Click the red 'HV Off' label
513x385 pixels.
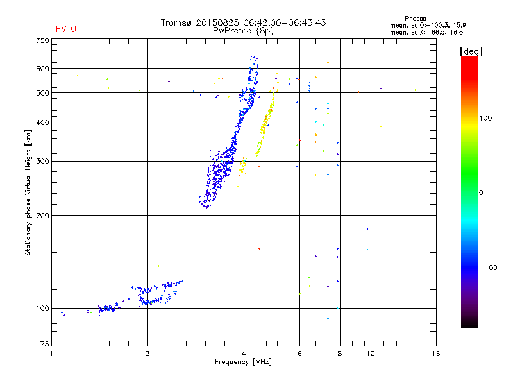pos(69,29)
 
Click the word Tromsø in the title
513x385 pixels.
pos(177,22)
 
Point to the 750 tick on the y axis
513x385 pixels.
pos(43,40)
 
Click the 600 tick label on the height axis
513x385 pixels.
pos(43,68)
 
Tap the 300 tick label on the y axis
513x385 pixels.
pos(43,161)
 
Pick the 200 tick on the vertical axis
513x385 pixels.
pos(43,215)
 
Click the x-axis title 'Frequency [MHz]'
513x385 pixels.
pos(243,363)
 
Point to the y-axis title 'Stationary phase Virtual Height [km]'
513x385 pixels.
pos(28,193)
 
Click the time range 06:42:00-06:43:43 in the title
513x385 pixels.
pos(287,22)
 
